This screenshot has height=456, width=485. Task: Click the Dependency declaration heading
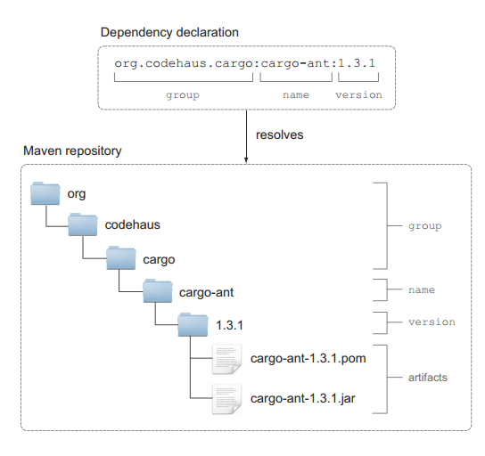(x=169, y=32)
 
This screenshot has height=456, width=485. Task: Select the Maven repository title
(x=72, y=151)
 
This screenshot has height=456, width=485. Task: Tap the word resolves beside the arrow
(x=279, y=135)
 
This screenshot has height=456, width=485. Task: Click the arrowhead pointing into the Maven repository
(x=246, y=160)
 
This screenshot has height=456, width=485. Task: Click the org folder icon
(x=45, y=193)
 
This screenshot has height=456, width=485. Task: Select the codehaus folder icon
(x=83, y=224)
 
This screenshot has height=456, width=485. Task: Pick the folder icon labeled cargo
(x=121, y=258)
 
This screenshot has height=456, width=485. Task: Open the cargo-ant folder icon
(x=158, y=290)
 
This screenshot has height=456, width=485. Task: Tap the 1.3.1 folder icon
(x=193, y=325)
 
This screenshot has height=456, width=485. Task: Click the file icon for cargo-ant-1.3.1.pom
(x=226, y=359)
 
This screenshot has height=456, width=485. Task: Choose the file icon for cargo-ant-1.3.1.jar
(x=226, y=399)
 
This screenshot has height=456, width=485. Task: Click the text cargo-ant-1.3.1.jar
(x=303, y=398)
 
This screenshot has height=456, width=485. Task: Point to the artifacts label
(x=428, y=378)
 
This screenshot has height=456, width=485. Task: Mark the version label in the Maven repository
(x=432, y=322)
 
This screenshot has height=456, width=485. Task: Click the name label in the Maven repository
(x=422, y=290)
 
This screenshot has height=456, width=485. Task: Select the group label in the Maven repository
(x=425, y=226)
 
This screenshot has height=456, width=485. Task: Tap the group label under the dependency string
(x=183, y=95)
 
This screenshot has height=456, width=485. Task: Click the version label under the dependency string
(x=358, y=94)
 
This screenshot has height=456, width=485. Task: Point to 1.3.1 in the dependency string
(x=357, y=63)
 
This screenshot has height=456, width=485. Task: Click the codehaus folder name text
(x=132, y=225)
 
